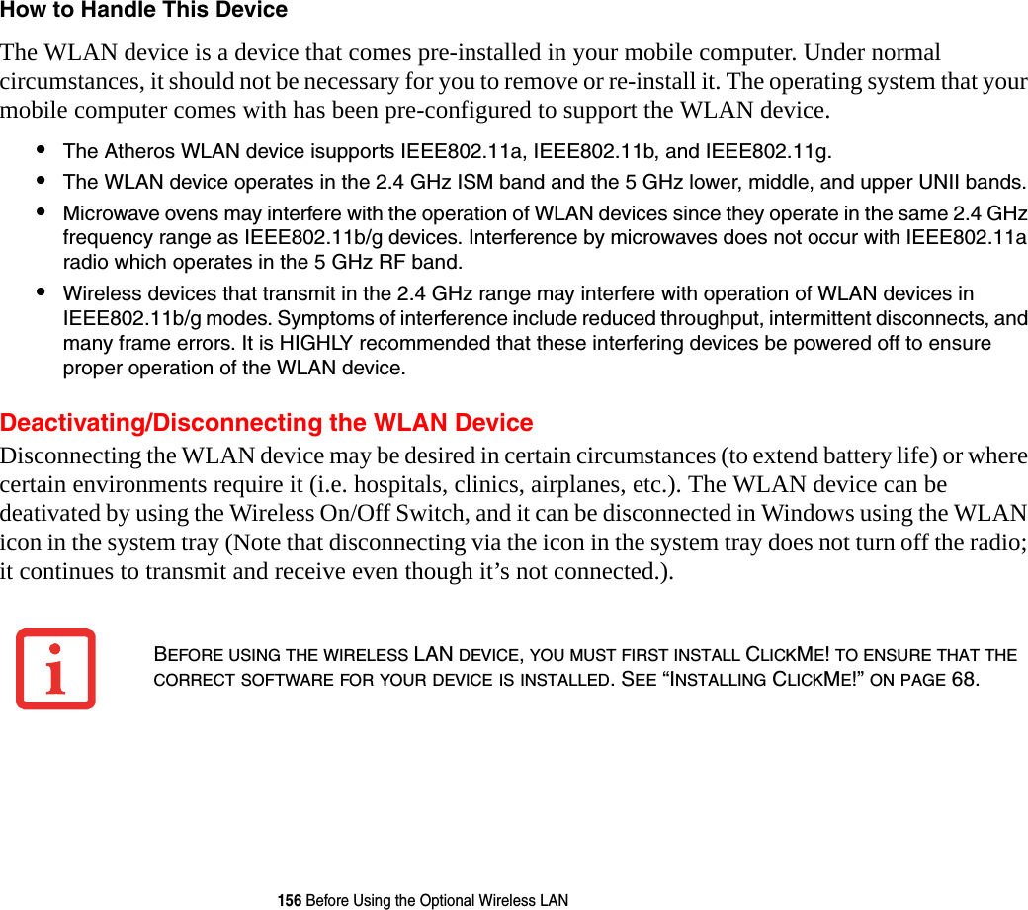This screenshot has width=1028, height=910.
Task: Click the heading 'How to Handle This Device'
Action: click(144, 11)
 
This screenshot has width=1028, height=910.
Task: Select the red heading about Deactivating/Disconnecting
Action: click(267, 423)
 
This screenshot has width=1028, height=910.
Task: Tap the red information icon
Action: click(55, 669)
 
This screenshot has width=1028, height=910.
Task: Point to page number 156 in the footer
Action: click(290, 900)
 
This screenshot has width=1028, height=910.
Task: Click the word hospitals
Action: click(421, 486)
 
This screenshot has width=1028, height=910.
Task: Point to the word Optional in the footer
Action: click(428, 900)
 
